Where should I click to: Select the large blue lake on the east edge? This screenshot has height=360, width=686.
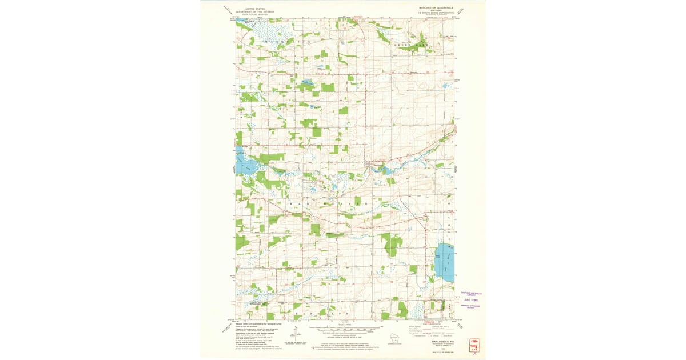tap(445, 261)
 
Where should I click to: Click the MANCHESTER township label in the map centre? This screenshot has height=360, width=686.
tap(326, 203)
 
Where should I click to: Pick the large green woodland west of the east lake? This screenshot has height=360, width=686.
tap(392, 245)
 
